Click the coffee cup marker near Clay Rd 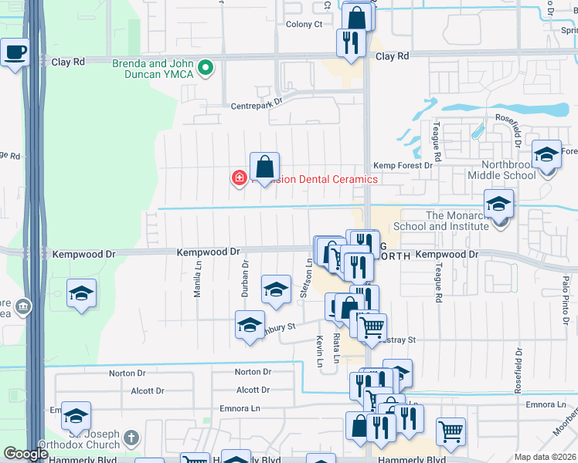15,52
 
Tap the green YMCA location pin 206,69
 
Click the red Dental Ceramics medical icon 240,179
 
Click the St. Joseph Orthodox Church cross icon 131,438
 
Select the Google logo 25,455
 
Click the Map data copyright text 546,457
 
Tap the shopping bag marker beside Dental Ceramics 264,167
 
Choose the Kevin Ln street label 318,352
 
